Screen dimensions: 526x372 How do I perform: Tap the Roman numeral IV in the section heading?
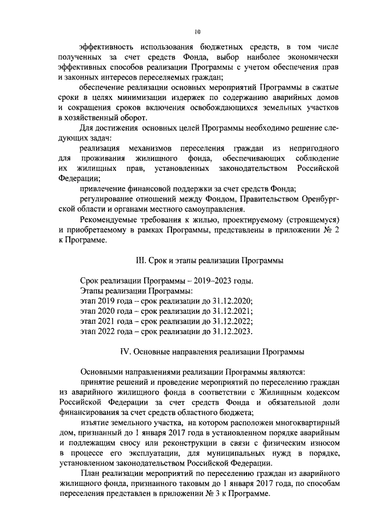[x=123, y=352]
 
